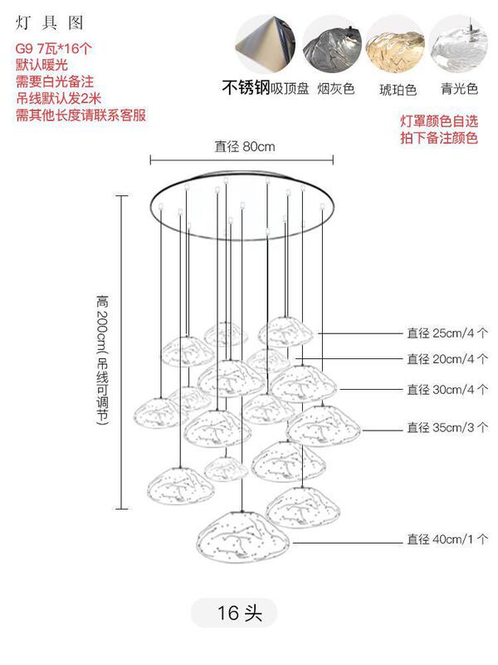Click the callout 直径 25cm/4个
447,333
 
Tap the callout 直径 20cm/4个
447,359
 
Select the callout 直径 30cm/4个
447,389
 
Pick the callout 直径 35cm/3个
447,428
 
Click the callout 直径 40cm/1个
447,539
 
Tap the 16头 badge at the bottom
241,613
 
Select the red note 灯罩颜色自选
438,122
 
